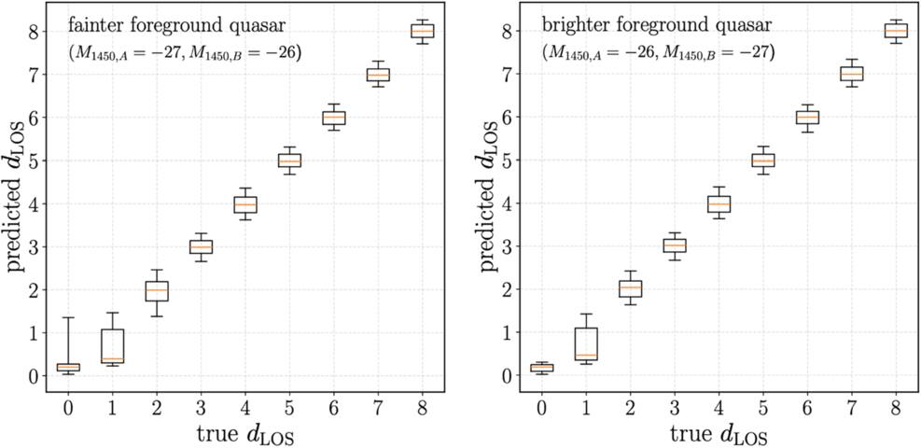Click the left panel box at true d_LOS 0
(69, 367)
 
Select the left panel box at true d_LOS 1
(112, 346)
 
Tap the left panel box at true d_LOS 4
(244, 205)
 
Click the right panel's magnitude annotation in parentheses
(659, 54)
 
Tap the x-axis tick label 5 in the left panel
(289, 408)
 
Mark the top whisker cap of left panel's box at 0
(69, 317)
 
